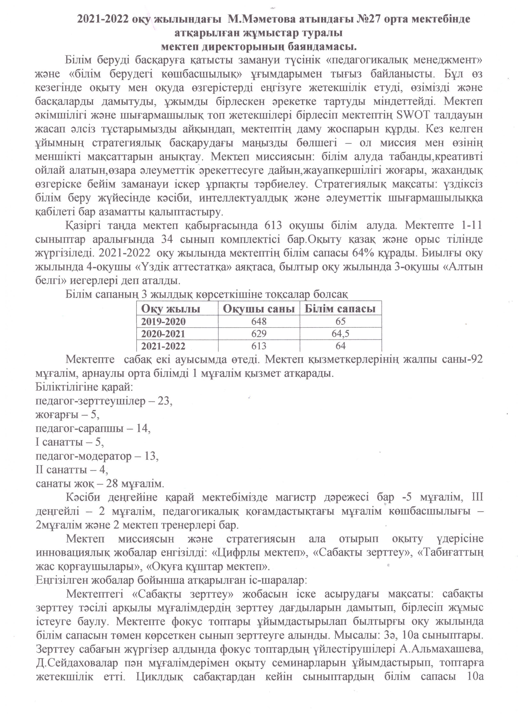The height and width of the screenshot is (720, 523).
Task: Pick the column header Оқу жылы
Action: click(x=171, y=309)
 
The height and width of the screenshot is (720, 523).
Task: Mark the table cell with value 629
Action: click(x=259, y=334)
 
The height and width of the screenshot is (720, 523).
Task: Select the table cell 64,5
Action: click(x=340, y=334)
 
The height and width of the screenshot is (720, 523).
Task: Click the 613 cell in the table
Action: click(x=259, y=346)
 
